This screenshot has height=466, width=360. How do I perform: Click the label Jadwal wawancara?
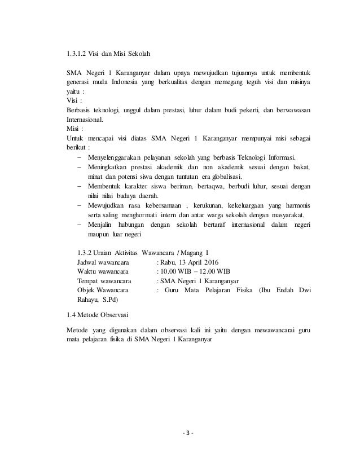[102, 262]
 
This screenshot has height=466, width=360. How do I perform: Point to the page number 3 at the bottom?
[180, 434]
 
